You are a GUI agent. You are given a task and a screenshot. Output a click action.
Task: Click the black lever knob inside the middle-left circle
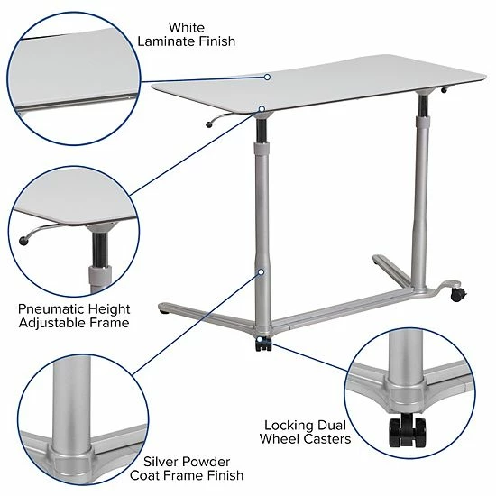pos(23,241)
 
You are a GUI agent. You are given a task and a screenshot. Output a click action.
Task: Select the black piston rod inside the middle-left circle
pos(98,248)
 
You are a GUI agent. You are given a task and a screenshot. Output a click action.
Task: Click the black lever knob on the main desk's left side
pos(209,127)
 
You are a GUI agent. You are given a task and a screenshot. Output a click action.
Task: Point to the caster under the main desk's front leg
pos(262,343)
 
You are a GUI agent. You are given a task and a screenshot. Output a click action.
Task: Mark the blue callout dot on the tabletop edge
pos(267,78)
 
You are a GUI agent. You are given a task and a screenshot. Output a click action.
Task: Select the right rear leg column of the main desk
pos(419,189)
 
